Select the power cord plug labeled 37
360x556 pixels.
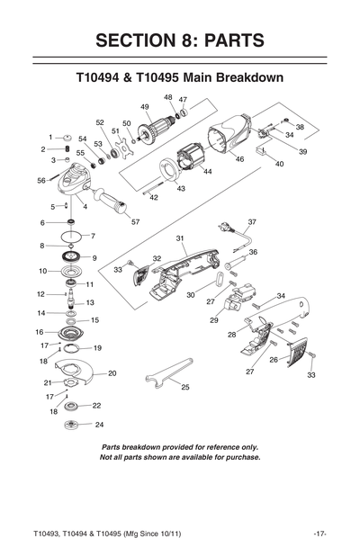pyautogui.click(x=222, y=228)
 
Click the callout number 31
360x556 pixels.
pyautogui.click(x=180, y=238)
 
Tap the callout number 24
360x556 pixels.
pyautogui.click(x=99, y=425)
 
